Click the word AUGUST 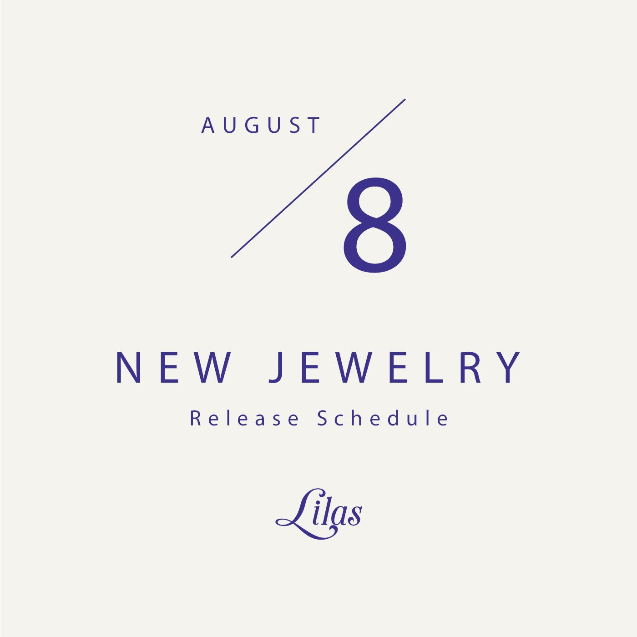(x=261, y=125)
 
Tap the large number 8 (x=375, y=225)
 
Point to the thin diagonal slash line (x=318, y=178)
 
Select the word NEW (x=173, y=368)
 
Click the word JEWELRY (x=394, y=368)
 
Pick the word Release (x=244, y=418)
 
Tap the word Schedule (x=383, y=418)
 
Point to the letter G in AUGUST (x=253, y=125)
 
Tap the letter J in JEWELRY (x=276, y=368)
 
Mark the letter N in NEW (x=129, y=368)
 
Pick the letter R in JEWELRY (x=470, y=368)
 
